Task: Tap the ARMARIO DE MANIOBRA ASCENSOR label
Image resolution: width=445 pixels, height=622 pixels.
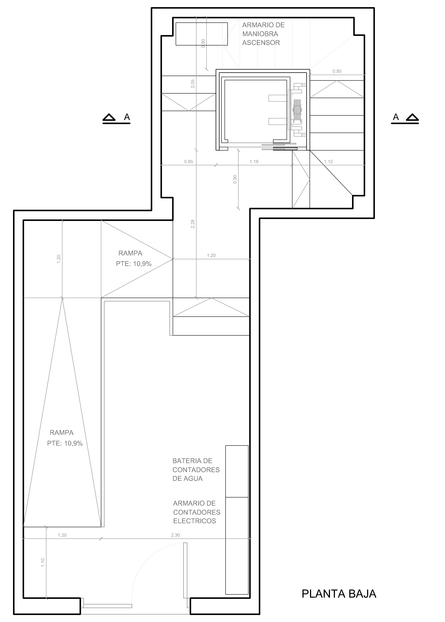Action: tap(263, 34)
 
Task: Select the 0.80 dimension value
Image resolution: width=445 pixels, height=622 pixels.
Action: tap(203, 43)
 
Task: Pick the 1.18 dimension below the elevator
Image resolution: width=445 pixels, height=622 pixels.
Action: tap(254, 161)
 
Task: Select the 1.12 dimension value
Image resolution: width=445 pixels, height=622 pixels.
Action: tap(328, 161)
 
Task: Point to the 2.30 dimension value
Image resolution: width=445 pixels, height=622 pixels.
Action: tap(175, 535)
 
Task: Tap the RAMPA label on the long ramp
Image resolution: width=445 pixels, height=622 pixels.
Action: tap(62, 433)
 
